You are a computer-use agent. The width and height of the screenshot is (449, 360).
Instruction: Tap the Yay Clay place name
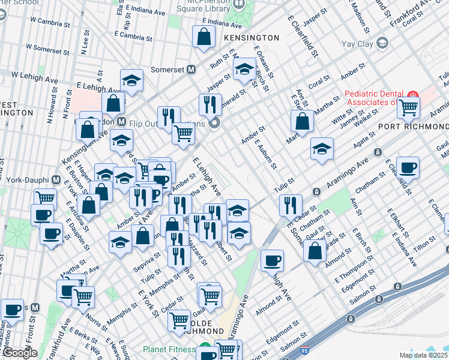[357, 43]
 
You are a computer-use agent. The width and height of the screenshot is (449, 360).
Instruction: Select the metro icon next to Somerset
[191, 69]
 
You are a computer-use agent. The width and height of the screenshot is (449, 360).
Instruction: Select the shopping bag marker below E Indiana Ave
[204, 36]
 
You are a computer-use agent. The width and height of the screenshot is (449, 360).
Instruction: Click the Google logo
[20, 353]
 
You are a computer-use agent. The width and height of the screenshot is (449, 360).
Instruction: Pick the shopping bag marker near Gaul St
[315, 249]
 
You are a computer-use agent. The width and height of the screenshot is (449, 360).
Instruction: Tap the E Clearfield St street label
[302, 36]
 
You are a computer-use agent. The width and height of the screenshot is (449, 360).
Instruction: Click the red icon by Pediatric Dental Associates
[413, 95]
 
